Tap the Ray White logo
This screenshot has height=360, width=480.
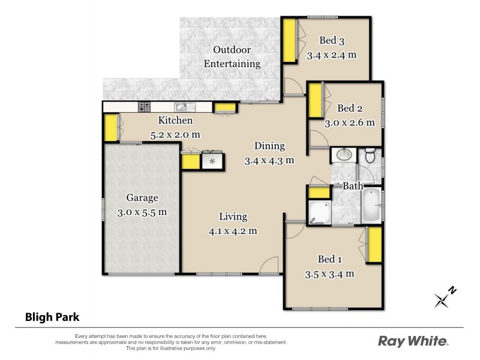(413, 341)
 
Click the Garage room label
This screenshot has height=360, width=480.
(142, 197)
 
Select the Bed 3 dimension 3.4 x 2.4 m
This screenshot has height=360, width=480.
(332, 55)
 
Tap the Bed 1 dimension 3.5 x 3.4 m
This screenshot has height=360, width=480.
(329, 274)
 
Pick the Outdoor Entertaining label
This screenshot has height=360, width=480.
(232, 56)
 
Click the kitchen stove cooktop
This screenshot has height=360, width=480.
(145, 107)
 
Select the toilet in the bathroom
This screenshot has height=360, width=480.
(370, 156)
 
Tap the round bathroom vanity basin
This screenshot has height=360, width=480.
(344, 155)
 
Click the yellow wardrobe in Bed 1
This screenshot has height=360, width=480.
(375, 245)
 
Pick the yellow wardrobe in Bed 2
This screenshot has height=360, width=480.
(314, 102)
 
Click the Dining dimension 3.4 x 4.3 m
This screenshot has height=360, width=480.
(269, 160)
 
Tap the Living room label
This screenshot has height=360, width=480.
(233, 217)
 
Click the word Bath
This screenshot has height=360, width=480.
(353, 186)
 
